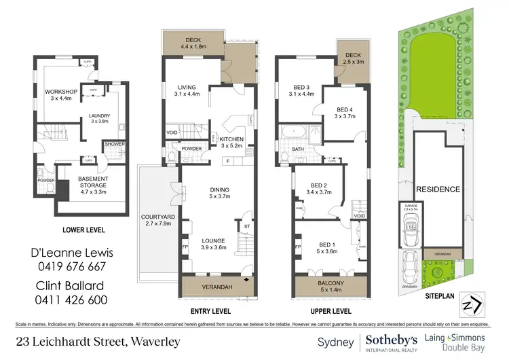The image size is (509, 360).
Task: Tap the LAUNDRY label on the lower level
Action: coord(99,116)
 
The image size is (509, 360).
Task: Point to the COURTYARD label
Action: coord(158,217)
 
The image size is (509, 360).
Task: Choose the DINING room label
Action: coord(219,190)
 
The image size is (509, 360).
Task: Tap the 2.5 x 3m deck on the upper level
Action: coord(353,56)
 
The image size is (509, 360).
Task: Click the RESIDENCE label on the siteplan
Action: coord(438,189)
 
